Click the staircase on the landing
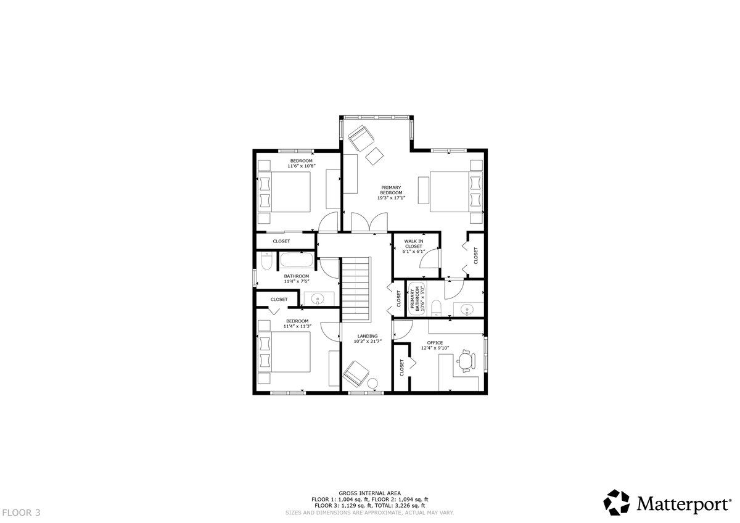click(x=355, y=289)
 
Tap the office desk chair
click(x=466, y=361)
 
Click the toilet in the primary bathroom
click(x=436, y=308)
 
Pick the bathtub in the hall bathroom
click(x=297, y=260)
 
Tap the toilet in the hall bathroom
click(x=266, y=261)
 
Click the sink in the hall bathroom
click(x=318, y=299)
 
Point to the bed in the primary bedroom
click(x=456, y=192)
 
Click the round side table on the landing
click(x=372, y=383)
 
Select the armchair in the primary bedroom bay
click(x=361, y=138)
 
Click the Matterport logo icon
click(x=617, y=502)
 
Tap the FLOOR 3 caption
click(x=23, y=513)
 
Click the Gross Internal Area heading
click(x=369, y=493)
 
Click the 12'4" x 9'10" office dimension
click(x=435, y=348)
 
